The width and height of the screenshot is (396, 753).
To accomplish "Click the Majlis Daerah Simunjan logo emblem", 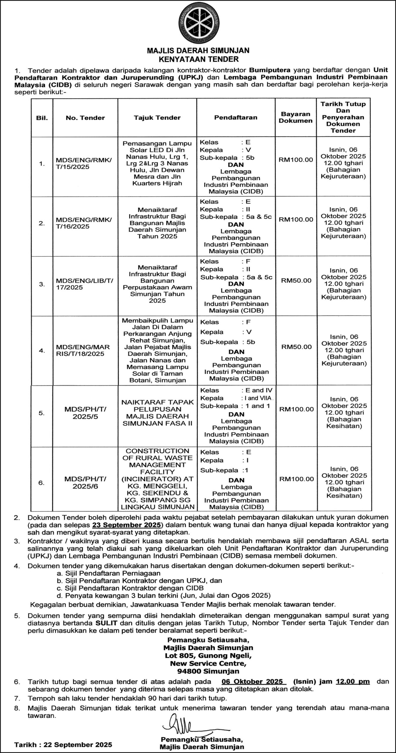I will point(198,23).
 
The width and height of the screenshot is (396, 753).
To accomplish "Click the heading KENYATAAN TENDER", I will point(198,59).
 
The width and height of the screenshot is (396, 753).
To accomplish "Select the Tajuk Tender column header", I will point(157,118).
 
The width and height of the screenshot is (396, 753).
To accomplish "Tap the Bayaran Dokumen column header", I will point(295,117).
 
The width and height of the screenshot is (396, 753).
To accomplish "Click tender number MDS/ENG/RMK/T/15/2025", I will point(84,164).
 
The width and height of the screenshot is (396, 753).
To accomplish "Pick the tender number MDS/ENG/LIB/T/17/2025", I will point(84,284).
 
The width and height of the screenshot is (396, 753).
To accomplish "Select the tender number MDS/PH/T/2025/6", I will point(85,483).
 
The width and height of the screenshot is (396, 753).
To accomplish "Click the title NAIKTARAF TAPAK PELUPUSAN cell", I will point(157,412).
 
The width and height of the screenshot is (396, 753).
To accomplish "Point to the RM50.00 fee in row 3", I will point(296,280).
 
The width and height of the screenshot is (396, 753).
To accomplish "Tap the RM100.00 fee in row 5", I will point(296,409).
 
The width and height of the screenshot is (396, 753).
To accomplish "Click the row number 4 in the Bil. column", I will point(42,351).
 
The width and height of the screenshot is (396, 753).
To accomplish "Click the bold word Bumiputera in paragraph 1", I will point(270,70).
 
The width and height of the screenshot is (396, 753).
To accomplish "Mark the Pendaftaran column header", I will point(235,117).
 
